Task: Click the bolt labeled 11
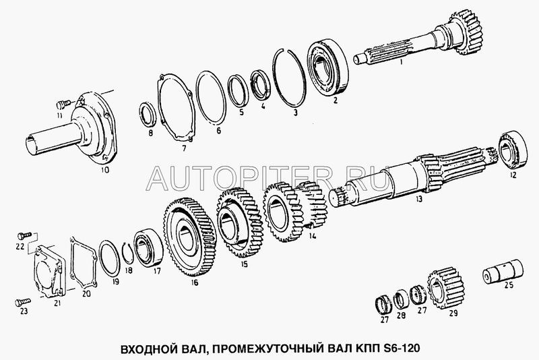click(63, 102)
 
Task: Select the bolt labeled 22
click(24, 235)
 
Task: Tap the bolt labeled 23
click(23, 302)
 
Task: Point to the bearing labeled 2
click(327, 67)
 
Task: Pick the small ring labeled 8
click(148, 115)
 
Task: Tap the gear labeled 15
click(240, 222)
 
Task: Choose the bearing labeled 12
click(513, 150)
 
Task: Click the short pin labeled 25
click(503, 272)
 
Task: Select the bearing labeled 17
click(148, 247)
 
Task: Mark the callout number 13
click(418, 199)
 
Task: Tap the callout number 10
click(105, 169)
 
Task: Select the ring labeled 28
click(401, 299)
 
